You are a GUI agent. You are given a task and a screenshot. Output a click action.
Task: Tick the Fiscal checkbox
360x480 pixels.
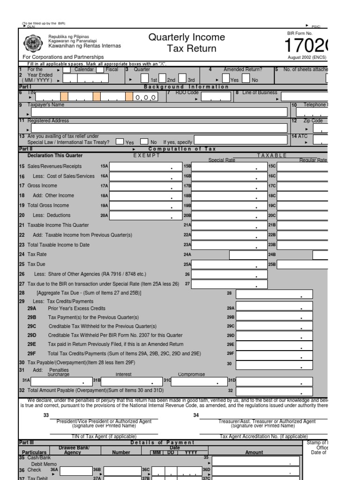100,70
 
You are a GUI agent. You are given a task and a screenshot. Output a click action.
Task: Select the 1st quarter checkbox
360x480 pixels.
145,78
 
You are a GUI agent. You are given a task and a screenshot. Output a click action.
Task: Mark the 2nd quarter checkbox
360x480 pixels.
162,78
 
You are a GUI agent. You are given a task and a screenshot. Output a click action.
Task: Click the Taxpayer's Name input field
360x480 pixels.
159,112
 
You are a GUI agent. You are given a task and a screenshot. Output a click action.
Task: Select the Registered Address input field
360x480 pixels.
159,128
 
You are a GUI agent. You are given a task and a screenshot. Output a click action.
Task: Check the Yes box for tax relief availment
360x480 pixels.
120,141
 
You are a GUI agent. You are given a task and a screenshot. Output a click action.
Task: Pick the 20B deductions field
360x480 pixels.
229,216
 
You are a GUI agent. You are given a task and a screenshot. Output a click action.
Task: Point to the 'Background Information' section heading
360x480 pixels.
186,87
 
